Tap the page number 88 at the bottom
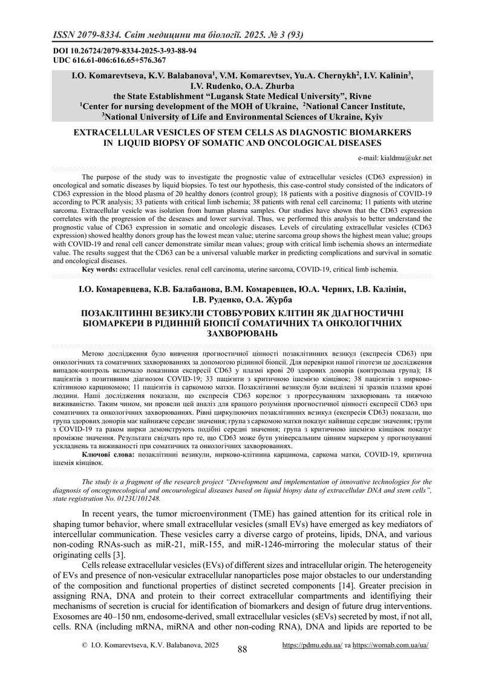(242, 648)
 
